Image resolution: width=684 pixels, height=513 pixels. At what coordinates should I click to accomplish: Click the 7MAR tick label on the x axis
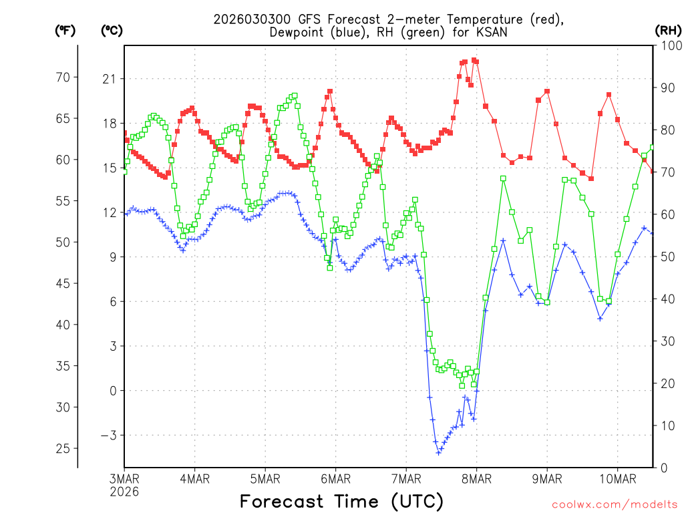[405, 479]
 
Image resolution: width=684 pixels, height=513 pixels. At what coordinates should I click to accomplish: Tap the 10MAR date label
[617, 479]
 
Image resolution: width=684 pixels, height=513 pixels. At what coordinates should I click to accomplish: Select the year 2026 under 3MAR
[124, 492]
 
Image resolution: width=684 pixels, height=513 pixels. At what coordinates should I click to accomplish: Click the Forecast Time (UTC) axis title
[341, 501]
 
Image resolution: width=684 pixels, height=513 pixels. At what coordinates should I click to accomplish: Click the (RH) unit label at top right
[667, 30]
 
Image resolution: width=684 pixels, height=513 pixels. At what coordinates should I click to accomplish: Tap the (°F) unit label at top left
[65, 30]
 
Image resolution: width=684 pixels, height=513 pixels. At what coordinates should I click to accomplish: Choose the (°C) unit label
[112, 30]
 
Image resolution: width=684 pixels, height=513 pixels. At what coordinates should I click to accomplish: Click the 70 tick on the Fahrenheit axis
[63, 77]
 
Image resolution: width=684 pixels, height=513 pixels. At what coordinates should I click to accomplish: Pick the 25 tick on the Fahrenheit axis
[63, 448]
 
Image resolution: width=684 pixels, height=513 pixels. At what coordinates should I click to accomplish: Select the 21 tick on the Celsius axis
[109, 79]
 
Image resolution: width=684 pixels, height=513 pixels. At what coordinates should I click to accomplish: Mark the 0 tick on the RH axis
[664, 468]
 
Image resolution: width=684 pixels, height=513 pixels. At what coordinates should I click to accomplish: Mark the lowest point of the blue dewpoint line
[439, 453]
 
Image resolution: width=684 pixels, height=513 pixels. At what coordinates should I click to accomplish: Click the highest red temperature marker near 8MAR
[474, 60]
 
